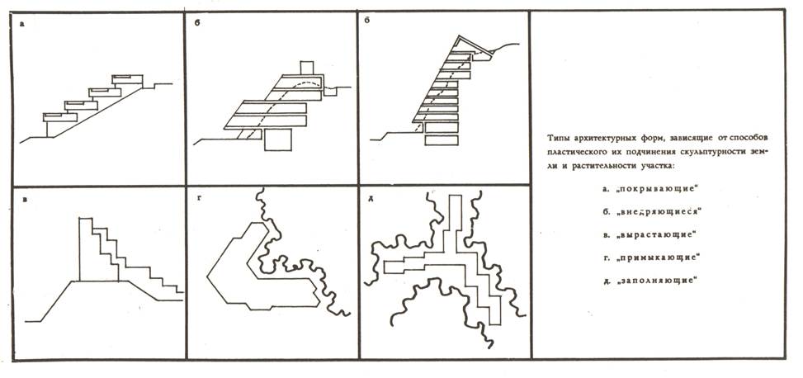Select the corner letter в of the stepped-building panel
[x=26, y=199]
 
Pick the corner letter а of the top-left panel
[x=23, y=25]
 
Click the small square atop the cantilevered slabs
[x=307, y=67]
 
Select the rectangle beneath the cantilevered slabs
[x=277, y=141]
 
